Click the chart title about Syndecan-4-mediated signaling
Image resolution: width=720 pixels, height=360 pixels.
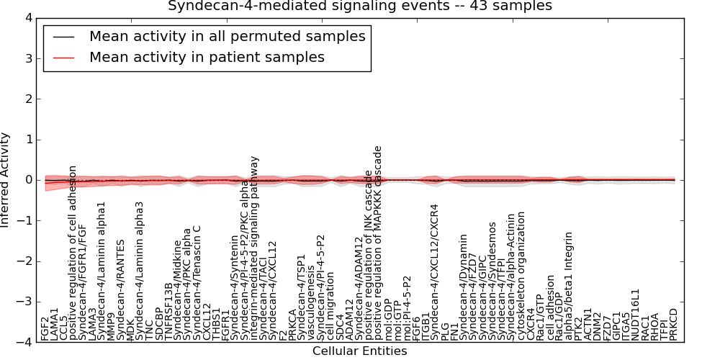360,6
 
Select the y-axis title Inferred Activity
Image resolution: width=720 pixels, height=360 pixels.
6,180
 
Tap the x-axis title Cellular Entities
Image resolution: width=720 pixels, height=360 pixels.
359,351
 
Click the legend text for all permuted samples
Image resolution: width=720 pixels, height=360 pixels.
227,36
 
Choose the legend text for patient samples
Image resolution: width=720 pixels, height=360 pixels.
207,57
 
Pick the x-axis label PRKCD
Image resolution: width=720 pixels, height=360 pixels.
674,324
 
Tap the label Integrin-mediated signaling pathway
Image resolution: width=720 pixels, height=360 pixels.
255,248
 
